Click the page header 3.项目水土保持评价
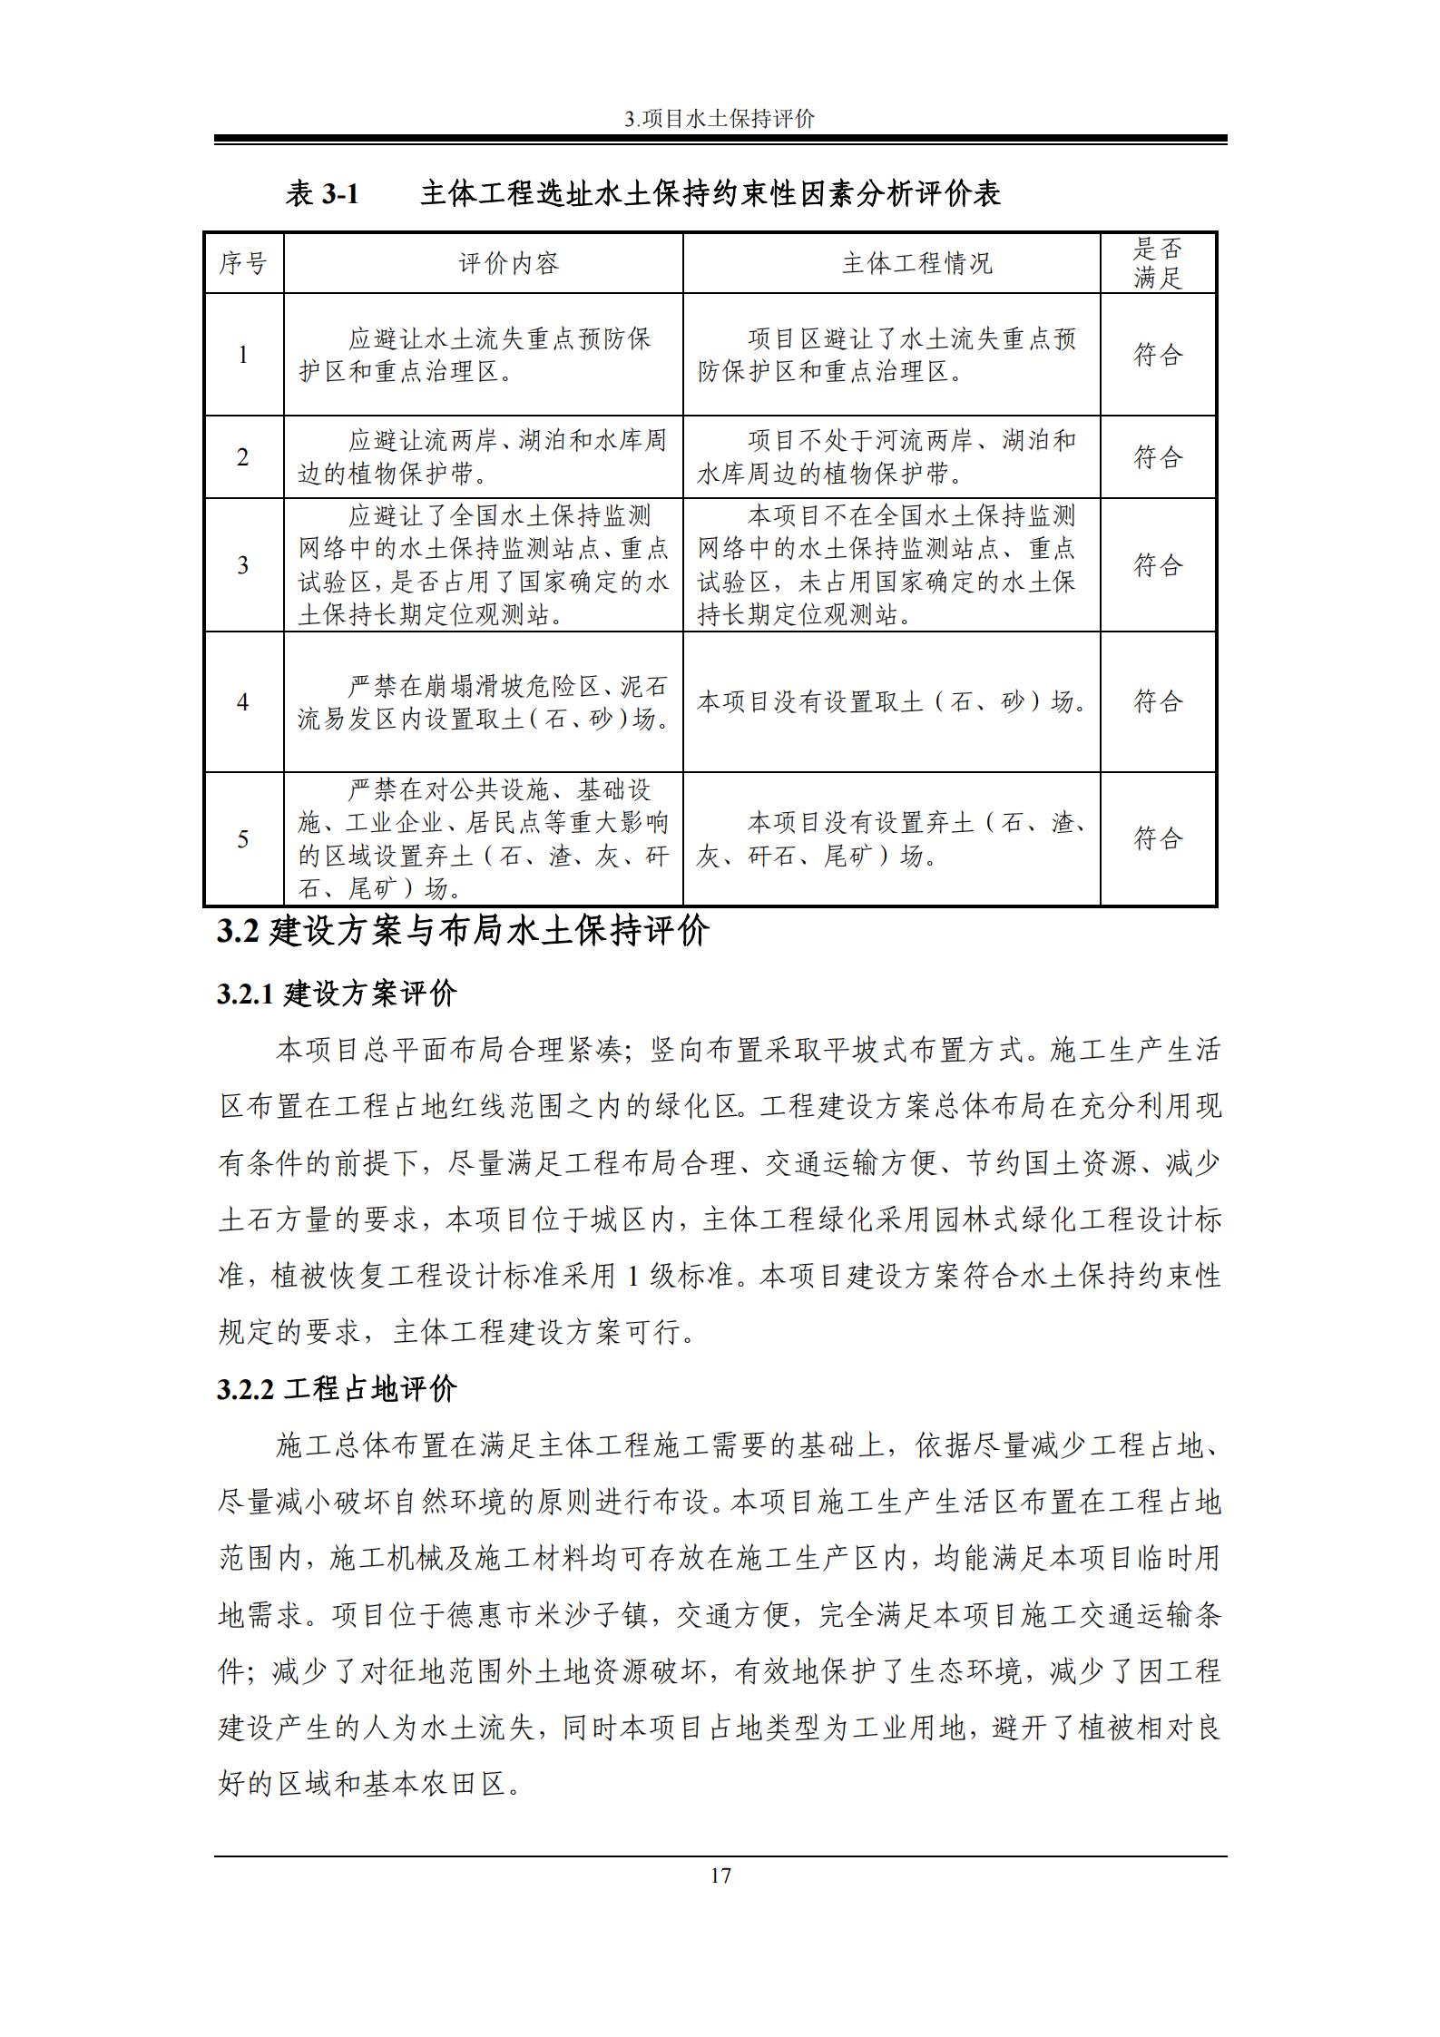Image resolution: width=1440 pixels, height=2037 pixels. (x=720, y=119)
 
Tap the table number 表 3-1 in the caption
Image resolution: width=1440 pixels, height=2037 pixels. (x=322, y=193)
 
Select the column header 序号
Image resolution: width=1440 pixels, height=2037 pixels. (x=243, y=263)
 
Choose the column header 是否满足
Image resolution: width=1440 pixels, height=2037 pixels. (x=1157, y=263)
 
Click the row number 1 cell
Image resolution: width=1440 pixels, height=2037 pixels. (x=243, y=355)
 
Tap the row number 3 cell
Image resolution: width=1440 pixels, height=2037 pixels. (x=243, y=565)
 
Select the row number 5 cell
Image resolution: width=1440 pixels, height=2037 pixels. (x=243, y=838)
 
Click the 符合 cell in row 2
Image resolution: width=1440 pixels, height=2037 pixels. (x=1157, y=457)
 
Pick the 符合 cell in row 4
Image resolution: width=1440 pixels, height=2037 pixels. (x=1157, y=701)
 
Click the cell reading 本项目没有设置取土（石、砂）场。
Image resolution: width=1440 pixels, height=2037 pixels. (x=892, y=701)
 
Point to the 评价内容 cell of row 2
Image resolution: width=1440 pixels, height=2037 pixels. (x=483, y=457)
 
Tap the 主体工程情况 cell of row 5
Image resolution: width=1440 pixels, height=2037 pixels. (x=892, y=839)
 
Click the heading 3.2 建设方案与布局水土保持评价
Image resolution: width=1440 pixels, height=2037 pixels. (x=463, y=932)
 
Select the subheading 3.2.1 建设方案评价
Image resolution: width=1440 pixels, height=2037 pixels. (x=337, y=994)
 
